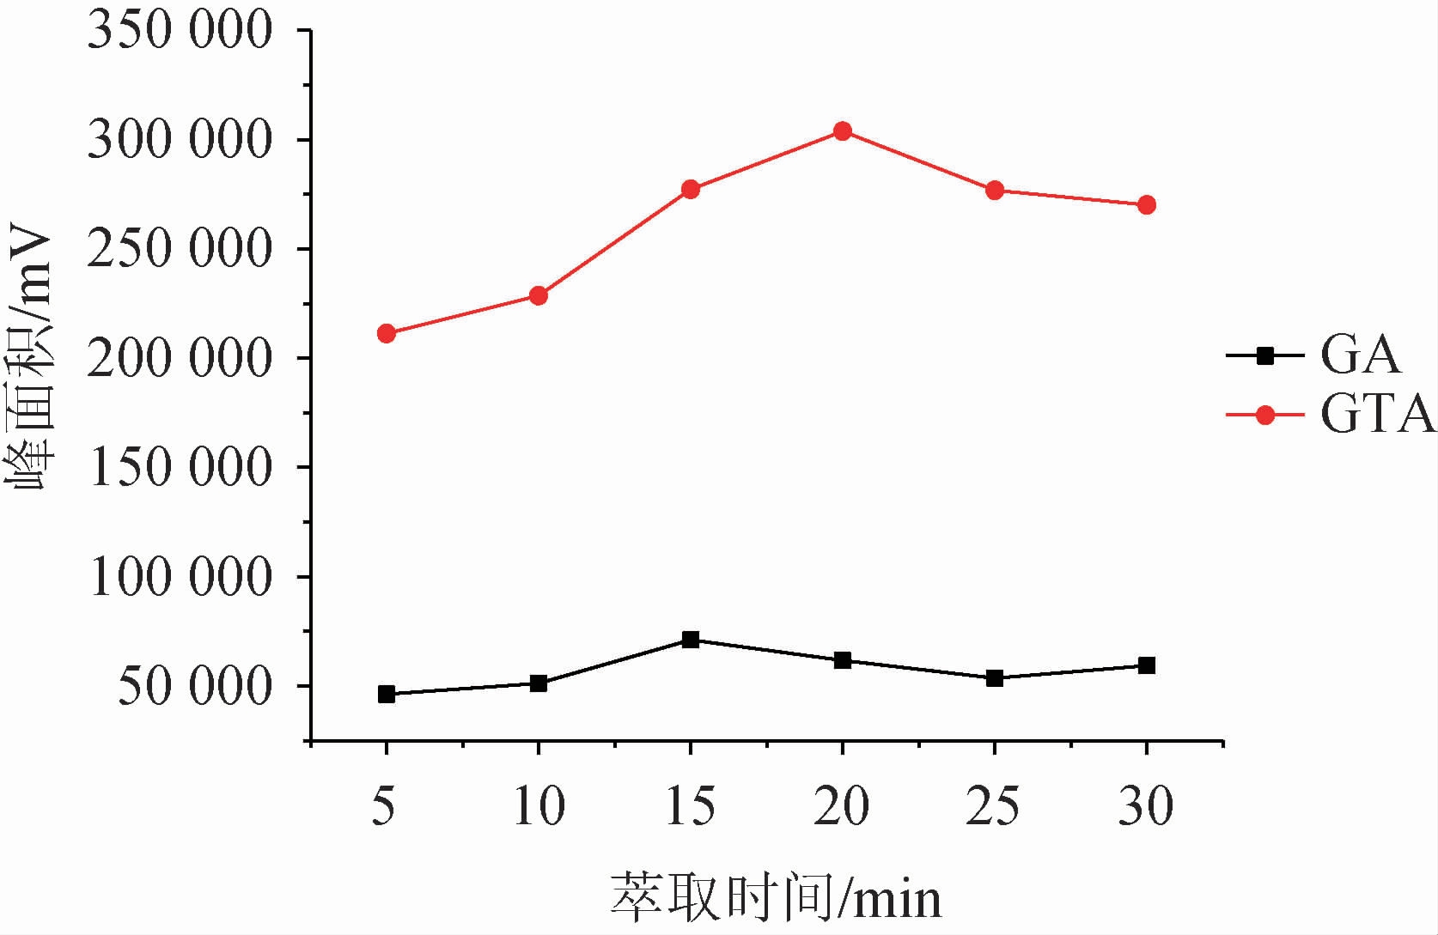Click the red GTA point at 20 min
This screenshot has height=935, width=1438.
pyautogui.click(x=842, y=131)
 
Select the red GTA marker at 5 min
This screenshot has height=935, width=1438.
pyautogui.click(x=387, y=333)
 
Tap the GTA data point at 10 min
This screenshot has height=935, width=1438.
pyautogui.click(x=539, y=296)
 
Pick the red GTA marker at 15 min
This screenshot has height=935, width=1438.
pyautogui.click(x=691, y=189)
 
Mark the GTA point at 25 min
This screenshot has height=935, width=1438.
pyautogui.click(x=995, y=190)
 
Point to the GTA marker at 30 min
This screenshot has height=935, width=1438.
pyautogui.click(x=1146, y=204)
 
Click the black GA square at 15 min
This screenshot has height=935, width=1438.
pyautogui.click(x=691, y=639)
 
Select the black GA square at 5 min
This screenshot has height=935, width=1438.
pyautogui.click(x=387, y=694)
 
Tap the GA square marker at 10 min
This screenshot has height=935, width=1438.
pyautogui.click(x=539, y=683)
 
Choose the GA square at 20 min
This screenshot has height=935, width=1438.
pyautogui.click(x=843, y=660)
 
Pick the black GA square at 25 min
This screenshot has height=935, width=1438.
pyautogui.click(x=995, y=678)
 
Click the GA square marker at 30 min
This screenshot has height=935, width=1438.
pyautogui.click(x=1146, y=665)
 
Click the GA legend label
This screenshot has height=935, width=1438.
pyautogui.click(x=1360, y=355)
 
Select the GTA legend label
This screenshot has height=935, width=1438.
pyautogui.click(x=1377, y=415)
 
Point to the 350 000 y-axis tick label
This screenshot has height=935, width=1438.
pyautogui.click(x=180, y=31)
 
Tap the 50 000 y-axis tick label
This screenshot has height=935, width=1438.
pyautogui.click(x=194, y=687)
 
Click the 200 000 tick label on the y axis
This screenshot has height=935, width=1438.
pyautogui.click(x=180, y=358)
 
